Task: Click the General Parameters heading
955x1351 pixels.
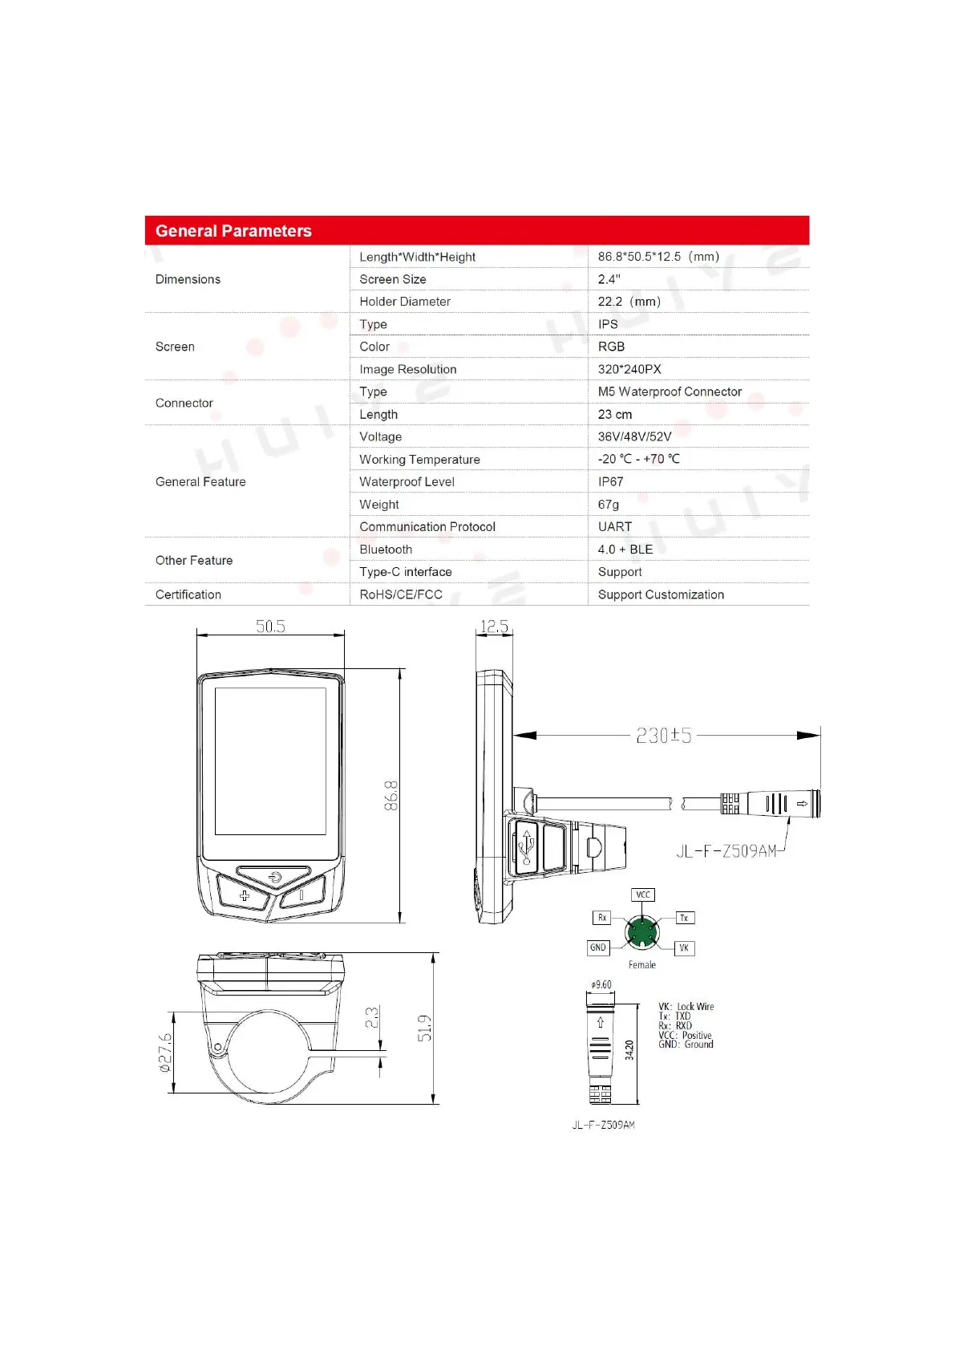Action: coord(233,231)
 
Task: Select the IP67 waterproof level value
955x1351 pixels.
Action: coord(610,481)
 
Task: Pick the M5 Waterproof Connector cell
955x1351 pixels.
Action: coord(670,392)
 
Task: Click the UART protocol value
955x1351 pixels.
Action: coord(615,526)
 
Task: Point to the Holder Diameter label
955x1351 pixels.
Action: coord(405,302)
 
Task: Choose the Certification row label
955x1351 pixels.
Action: coord(188,594)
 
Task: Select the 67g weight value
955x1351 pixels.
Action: coord(609,504)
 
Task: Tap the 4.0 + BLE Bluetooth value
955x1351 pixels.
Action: coord(625,550)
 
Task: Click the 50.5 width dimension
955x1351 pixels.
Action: coord(270,627)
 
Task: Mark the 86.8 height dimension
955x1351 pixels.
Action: coord(391,795)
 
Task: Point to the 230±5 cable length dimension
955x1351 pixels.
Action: coord(663,735)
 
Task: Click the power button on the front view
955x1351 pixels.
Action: coord(274,877)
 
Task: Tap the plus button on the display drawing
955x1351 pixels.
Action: coord(245,895)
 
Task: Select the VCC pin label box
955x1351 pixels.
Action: coord(643,895)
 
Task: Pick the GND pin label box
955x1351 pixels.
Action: coord(598,947)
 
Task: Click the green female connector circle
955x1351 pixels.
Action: coord(641,932)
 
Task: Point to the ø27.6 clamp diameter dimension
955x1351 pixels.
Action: coord(164,1052)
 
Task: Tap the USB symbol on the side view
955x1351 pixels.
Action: coord(526,847)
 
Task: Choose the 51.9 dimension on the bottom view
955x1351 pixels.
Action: coord(424,1028)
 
